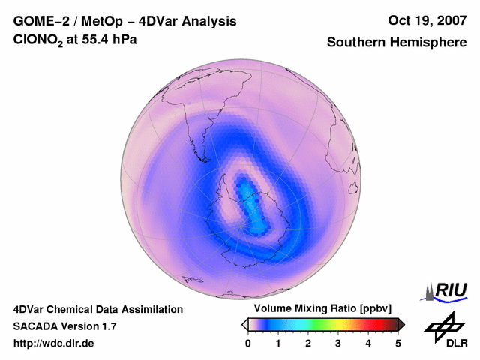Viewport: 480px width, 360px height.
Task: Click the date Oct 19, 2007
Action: click(x=426, y=20)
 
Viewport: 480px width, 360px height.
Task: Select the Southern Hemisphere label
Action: click(x=396, y=42)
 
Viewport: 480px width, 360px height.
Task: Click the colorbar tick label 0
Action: click(x=248, y=343)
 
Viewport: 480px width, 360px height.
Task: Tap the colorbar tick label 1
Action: click(x=278, y=343)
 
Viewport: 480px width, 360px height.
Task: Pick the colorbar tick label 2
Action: click(x=308, y=343)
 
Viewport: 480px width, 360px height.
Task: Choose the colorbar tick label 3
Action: click(x=338, y=343)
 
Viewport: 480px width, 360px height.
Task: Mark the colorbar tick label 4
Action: click(x=368, y=343)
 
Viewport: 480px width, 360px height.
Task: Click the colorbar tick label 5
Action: click(x=398, y=343)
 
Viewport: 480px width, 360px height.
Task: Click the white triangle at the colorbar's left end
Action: click(x=245, y=324)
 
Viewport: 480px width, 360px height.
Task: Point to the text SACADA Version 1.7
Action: click(x=64, y=326)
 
